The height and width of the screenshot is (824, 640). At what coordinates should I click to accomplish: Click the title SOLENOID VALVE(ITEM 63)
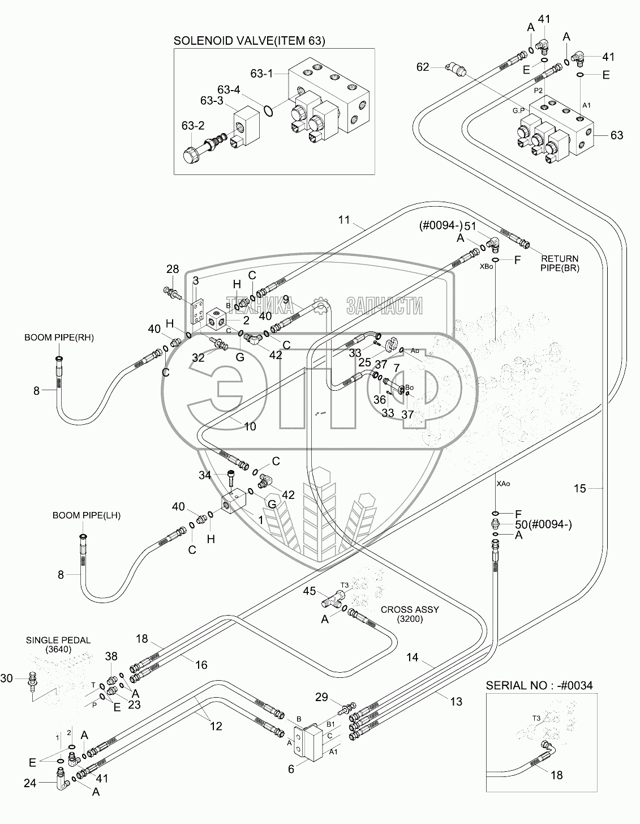tap(249, 41)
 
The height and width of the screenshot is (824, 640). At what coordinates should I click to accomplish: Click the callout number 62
tap(423, 67)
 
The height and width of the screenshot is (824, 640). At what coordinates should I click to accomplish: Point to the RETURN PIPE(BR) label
tap(560, 263)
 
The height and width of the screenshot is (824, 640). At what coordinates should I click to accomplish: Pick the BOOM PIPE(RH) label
tap(59, 338)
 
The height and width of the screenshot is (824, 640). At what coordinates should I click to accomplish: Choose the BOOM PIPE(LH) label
tap(87, 515)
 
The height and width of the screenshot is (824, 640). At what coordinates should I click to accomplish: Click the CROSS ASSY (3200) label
tap(410, 614)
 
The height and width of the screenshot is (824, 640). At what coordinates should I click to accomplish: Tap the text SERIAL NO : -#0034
tap(539, 685)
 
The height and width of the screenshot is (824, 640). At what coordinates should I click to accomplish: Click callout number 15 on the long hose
tap(580, 488)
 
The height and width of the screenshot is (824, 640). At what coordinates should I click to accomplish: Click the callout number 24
tap(29, 784)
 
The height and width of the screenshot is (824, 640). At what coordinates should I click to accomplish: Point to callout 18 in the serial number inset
tap(557, 775)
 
